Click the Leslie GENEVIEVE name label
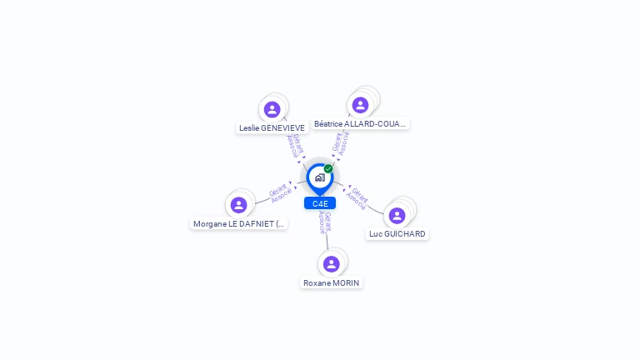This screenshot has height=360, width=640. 272,128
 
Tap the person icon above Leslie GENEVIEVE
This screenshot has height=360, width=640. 272,109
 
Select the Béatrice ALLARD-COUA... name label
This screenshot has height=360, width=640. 360,124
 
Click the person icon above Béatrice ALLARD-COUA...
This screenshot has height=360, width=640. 360,105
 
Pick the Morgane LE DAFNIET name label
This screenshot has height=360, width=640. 239,224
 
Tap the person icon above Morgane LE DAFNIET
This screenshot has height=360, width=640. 239,205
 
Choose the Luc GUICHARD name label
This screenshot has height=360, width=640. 397,234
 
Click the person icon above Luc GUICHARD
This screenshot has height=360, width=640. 397,215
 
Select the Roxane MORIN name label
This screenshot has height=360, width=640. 332,283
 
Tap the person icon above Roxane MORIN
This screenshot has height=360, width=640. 332,264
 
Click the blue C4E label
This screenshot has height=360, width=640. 320,203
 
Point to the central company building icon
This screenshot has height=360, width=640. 319,177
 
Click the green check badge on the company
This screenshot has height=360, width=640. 328,169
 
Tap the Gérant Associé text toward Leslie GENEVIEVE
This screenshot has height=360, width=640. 294,146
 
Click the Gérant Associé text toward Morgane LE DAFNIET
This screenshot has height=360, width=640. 281,192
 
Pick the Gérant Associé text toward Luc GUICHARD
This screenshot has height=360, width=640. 357,198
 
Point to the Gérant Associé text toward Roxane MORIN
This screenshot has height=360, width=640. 325,222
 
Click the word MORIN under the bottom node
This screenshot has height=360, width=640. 346,283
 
